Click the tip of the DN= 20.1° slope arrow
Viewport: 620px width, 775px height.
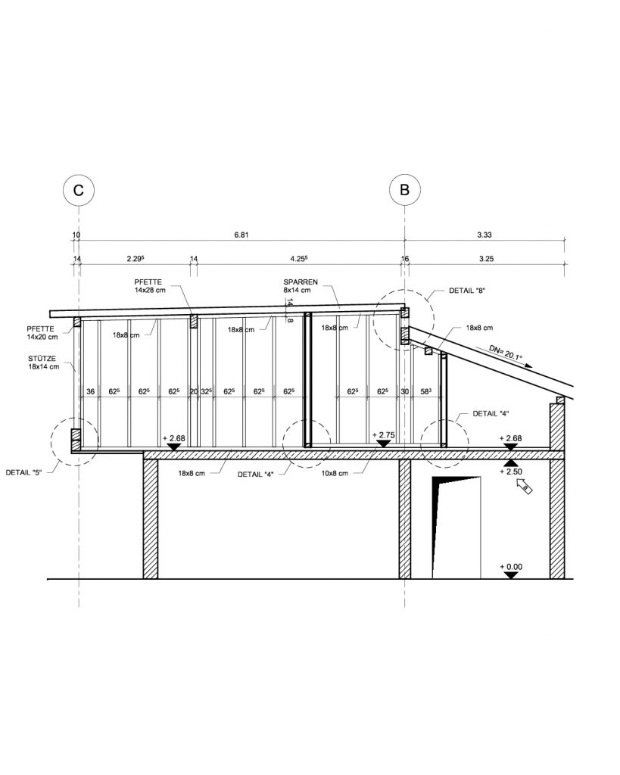tap(533, 367)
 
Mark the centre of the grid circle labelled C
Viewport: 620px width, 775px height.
tap(79, 190)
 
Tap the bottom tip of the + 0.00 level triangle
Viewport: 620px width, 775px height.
tap(511, 578)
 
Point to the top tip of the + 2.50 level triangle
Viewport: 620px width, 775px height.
tap(511, 459)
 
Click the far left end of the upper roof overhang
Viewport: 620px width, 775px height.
tap(50, 314)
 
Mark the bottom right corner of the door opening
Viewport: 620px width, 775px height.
tap(481, 578)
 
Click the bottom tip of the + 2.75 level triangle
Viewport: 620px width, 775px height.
tap(383, 448)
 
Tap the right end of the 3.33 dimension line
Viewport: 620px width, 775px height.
tap(565, 240)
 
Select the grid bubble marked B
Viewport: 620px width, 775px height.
tap(404, 190)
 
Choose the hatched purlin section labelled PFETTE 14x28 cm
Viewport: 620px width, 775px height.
tap(194, 321)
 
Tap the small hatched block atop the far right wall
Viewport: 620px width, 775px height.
tap(560, 400)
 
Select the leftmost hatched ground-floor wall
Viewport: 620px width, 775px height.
tap(151, 519)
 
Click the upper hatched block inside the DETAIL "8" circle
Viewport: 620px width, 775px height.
tap(404, 313)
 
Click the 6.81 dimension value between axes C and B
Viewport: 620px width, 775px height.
tap(241, 235)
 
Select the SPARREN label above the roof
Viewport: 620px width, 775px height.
tap(301, 282)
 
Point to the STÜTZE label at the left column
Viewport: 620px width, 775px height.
tap(42, 358)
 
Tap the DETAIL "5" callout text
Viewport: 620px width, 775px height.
tap(23, 472)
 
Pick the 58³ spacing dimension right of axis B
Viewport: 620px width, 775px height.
tap(425, 391)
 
